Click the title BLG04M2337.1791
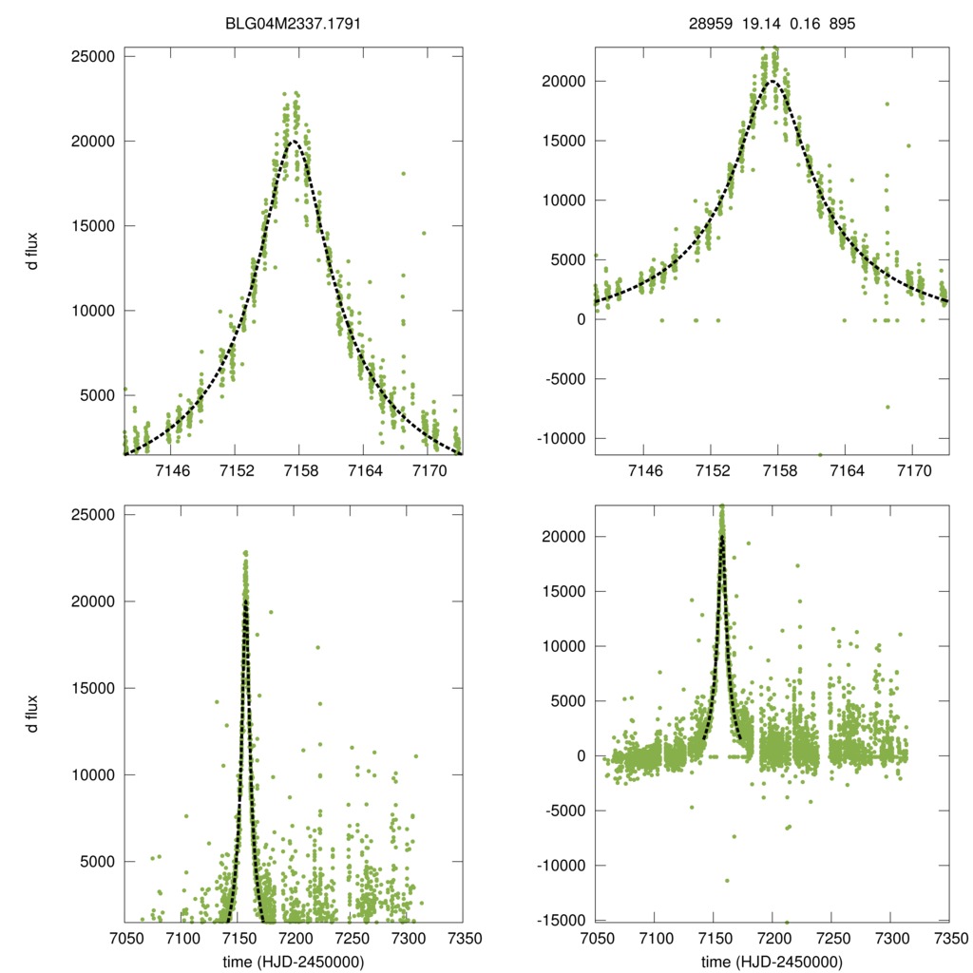point(293,22)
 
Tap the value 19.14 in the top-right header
point(758,22)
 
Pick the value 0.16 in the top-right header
point(805,22)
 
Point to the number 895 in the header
point(843,22)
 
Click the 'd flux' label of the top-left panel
point(33,254)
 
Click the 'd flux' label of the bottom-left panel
point(33,714)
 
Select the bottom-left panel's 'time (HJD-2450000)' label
point(293,961)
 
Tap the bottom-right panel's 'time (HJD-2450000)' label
point(772,961)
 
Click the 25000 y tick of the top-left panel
point(93,56)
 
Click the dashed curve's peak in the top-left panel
point(296,142)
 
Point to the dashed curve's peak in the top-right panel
point(773,82)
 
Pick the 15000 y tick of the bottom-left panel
point(93,688)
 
